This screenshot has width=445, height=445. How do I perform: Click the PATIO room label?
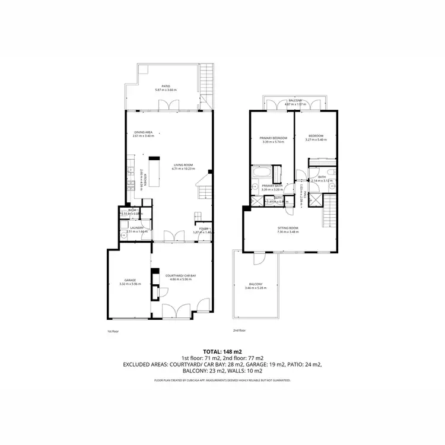[166, 85]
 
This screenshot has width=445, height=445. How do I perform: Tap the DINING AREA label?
[144, 132]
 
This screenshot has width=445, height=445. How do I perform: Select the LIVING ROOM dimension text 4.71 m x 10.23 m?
[183, 169]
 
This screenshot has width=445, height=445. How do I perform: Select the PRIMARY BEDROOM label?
[274, 138]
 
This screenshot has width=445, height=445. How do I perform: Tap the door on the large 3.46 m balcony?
[259, 259]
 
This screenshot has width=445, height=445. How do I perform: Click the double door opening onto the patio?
[169, 106]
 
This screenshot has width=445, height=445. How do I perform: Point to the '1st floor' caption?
[113, 331]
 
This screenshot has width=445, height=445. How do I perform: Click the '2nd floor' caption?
[239, 330]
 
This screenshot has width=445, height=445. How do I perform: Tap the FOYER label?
[204, 228]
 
